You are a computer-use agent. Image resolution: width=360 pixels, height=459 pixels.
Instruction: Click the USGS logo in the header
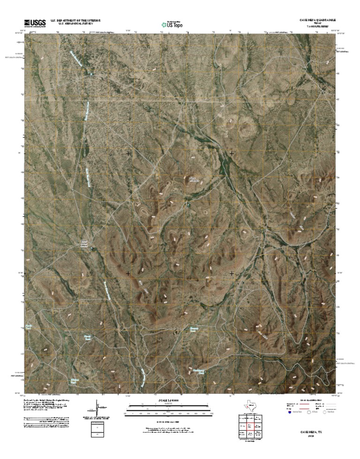[32, 23]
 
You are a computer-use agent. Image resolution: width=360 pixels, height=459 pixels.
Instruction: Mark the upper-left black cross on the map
[128, 153]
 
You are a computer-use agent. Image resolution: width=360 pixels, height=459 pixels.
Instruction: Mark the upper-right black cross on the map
[232, 153]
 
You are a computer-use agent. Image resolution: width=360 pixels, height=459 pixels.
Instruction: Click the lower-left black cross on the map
[128, 273]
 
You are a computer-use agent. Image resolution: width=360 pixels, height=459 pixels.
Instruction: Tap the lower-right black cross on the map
[232, 273]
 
